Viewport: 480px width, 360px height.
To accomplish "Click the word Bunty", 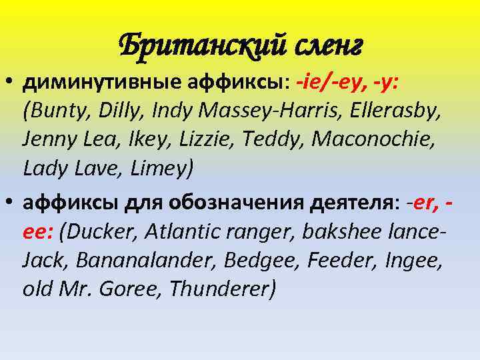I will pyautogui.click(x=57, y=111).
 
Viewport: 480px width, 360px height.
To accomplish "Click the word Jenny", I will pyautogui.click(x=49, y=140).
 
